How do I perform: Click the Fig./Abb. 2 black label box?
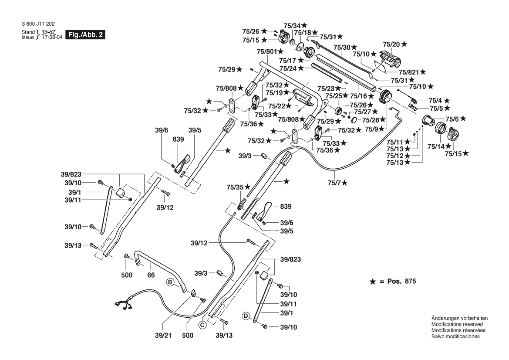pyautogui.click(x=85, y=35)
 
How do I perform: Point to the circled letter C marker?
pyautogui.click(x=202, y=325)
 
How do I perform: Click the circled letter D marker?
pyautogui.click(x=246, y=315)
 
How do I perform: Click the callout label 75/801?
pyautogui.click(x=266, y=51)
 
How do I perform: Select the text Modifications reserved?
pyautogui.click(x=455, y=325)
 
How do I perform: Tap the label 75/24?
pyautogui.click(x=288, y=68)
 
